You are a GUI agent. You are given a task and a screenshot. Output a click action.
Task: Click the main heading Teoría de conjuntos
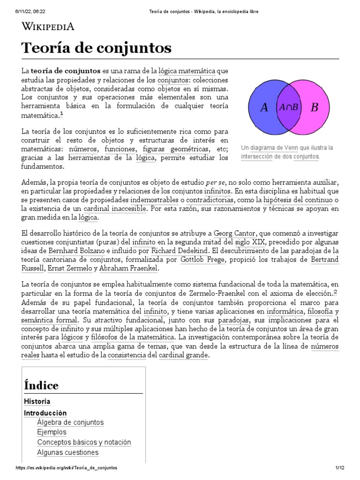(97, 47)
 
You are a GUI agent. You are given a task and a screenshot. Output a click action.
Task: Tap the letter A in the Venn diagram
(264, 107)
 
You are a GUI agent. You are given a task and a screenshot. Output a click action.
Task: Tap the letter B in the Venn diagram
(314, 107)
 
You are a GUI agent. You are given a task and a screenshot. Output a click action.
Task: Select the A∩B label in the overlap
(289, 107)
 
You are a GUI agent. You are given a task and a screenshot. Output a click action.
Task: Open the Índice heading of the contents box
(41, 385)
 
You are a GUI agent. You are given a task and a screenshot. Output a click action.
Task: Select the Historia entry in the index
(37, 402)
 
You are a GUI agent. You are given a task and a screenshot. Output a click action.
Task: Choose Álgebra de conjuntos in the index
(70, 422)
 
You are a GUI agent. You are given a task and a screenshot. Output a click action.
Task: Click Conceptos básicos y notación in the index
(84, 442)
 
